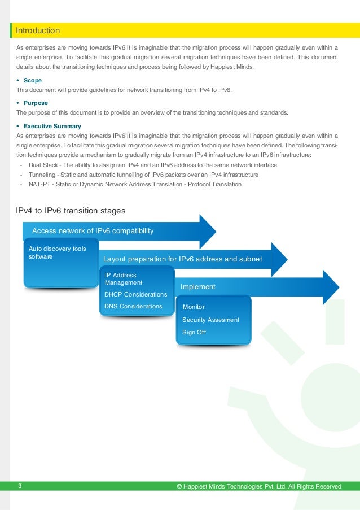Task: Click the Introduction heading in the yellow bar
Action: click(38, 30)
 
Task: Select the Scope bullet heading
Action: click(33, 81)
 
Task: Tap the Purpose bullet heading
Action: click(36, 103)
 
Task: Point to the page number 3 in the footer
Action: click(20, 486)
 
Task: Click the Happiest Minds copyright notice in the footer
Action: click(259, 486)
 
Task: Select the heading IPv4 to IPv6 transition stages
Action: click(71, 211)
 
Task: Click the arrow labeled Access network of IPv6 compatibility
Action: click(93, 230)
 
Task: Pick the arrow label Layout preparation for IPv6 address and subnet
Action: click(183, 259)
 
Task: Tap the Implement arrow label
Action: click(198, 286)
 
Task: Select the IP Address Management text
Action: click(124, 278)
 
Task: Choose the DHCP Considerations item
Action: click(136, 294)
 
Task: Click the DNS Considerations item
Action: click(133, 306)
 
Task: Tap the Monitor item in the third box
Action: click(194, 307)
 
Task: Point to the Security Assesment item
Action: click(210, 320)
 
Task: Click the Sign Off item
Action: click(194, 332)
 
